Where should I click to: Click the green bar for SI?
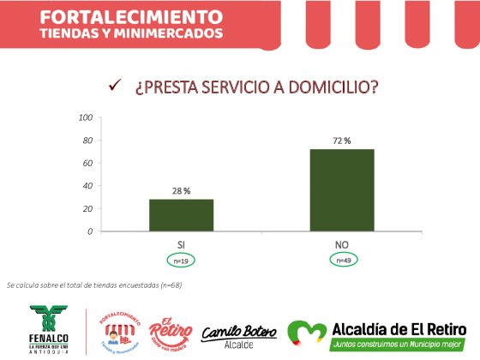(x=181, y=215)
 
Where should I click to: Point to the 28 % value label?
(x=181, y=191)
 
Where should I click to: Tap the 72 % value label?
(x=342, y=141)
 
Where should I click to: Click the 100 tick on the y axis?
(x=86, y=117)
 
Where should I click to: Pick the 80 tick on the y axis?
(x=87, y=141)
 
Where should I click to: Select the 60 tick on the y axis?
(x=87, y=163)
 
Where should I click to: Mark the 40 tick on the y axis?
(x=87, y=186)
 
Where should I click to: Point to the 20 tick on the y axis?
(x=87, y=209)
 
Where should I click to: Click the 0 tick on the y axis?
(x=90, y=231)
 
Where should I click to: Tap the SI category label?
(x=181, y=244)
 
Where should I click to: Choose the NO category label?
(x=342, y=244)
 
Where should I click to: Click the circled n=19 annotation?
(x=181, y=260)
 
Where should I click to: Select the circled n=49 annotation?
(x=342, y=260)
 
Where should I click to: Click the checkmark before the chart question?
(x=113, y=87)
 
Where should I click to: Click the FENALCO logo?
(x=53, y=326)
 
